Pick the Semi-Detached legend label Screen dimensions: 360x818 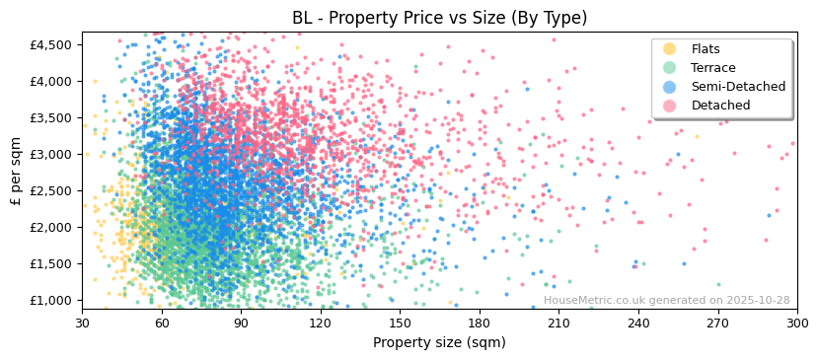click(738, 87)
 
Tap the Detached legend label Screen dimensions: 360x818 click(720, 106)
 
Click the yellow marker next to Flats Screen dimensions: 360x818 click(670, 49)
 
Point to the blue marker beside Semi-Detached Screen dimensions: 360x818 click(670, 87)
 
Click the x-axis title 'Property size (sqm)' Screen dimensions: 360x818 click(439, 343)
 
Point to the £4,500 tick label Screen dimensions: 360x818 click(49, 44)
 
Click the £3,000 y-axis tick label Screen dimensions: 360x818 click(49, 154)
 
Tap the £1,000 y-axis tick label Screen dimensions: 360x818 click(49, 300)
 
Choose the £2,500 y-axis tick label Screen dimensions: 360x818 click(49, 190)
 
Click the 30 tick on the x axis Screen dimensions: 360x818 click(82, 323)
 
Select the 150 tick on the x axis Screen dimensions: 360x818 click(400, 323)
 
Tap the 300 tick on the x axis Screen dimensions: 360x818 click(796, 323)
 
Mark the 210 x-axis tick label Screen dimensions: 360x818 click(558, 323)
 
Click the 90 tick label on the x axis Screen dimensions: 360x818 click(241, 323)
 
